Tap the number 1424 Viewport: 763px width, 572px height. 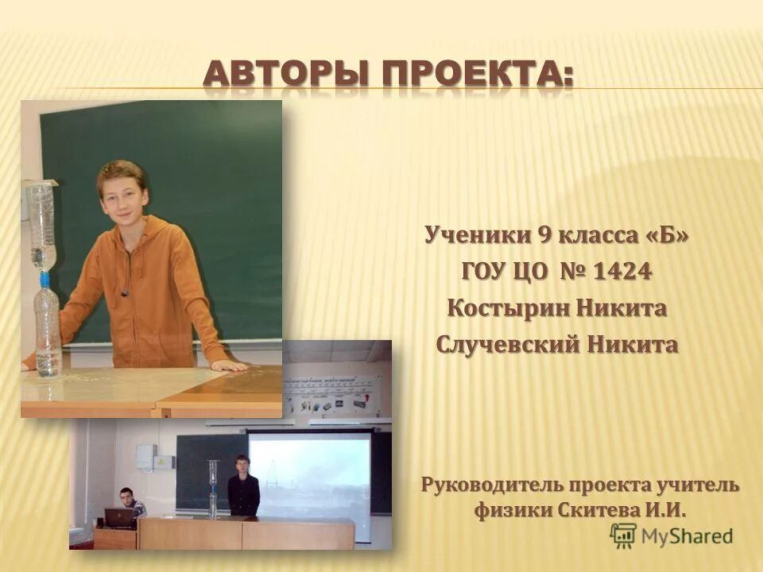622,272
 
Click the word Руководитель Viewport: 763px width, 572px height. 491,484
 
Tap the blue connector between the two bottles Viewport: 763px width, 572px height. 45,279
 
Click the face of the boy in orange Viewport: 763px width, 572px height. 122,195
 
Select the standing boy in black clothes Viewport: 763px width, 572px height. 243,486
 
